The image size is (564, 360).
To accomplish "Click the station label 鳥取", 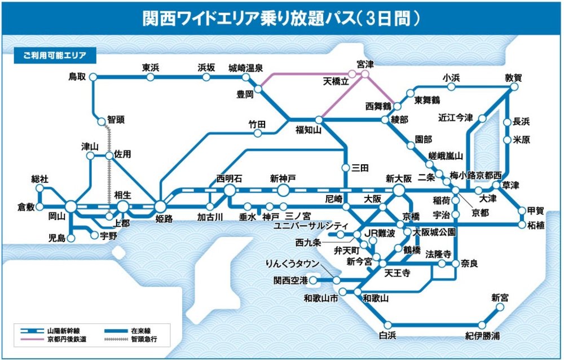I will pyautogui.click(x=77, y=76).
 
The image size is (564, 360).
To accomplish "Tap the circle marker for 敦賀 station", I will pyautogui.click(x=514, y=88).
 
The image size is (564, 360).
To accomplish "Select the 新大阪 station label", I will pyautogui.click(x=399, y=178).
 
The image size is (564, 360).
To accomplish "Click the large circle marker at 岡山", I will pyautogui.click(x=71, y=207).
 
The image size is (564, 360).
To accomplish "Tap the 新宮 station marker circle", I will pyautogui.click(x=499, y=308).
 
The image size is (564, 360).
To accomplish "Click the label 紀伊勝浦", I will pyautogui.click(x=482, y=335).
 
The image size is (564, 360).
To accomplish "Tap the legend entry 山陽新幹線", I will pyautogui.click(x=61, y=328).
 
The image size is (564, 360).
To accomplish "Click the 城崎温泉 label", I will pyautogui.click(x=245, y=68).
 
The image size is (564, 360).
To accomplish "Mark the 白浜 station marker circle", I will pyautogui.click(x=387, y=324).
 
